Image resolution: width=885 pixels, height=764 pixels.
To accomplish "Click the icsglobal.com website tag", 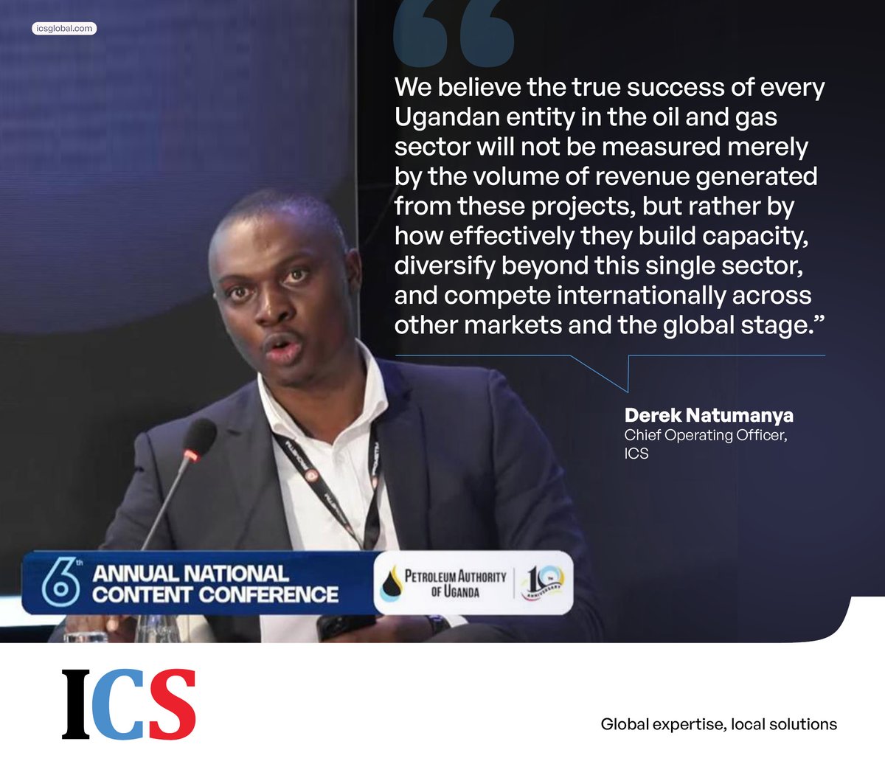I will point(64,29).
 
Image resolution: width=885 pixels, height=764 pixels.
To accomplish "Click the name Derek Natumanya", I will point(709,416).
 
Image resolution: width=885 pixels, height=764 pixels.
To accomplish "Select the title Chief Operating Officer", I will point(705,435).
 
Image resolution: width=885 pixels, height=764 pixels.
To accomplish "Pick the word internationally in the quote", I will point(640,295).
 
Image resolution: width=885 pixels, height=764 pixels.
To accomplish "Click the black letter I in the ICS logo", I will point(76,704).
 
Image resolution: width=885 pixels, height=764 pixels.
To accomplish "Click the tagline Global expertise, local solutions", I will point(718,724).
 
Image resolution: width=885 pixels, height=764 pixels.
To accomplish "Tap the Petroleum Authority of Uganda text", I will point(456,583).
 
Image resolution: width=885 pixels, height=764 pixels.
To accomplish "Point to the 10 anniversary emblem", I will point(542,583).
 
